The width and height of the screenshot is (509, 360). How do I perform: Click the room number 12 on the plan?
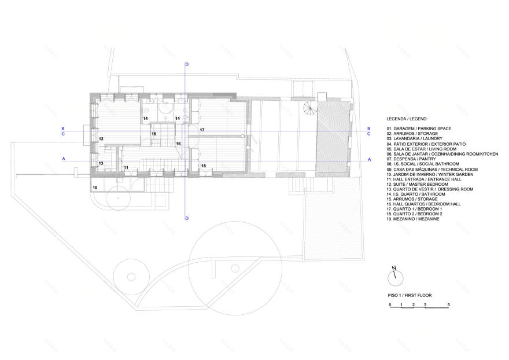[101, 139]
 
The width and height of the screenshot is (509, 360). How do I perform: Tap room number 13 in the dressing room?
[101, 163]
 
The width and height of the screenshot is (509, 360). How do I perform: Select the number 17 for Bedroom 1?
[202, 130]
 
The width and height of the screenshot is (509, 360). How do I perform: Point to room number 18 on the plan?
[204, 166]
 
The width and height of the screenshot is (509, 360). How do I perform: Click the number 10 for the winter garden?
[95, 188]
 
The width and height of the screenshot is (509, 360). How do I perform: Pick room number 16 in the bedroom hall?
[178, 144]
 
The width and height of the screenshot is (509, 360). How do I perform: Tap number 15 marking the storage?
[154, 134]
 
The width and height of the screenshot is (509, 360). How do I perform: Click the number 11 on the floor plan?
[126, 168]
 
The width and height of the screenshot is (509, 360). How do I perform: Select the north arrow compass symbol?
[396, 277]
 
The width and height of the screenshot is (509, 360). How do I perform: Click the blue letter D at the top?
[187, 64]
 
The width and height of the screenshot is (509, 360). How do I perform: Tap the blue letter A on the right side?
[370, 159]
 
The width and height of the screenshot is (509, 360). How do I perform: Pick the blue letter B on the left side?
[63, 128]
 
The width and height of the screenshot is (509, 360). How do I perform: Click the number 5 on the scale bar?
[449, 305]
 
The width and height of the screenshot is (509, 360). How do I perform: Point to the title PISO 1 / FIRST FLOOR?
[410, 295]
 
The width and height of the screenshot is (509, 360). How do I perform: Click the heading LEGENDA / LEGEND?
[407, 119]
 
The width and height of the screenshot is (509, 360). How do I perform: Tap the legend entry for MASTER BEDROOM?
[415, 184]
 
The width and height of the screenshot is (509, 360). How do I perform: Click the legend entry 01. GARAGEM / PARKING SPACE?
[419, 128]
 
